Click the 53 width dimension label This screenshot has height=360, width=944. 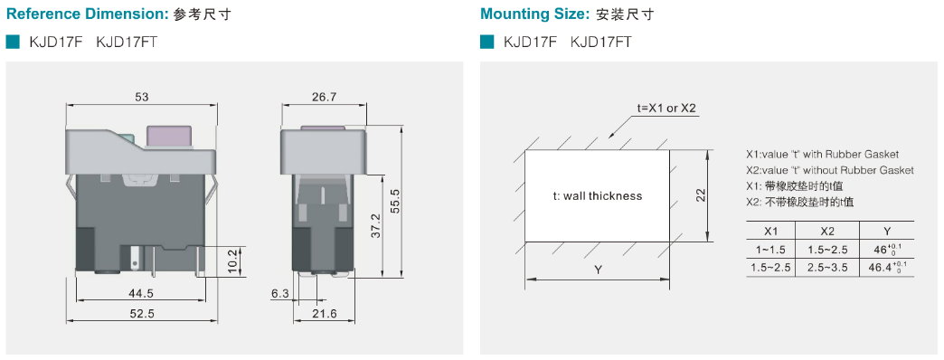[141, 97]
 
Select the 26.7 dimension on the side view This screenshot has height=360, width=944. [324, 97]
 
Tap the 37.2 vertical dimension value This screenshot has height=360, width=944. [375, 226]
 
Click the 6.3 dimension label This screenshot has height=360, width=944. [280, 293]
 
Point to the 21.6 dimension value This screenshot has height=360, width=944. [325, 314]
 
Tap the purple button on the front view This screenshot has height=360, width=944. [170, 137]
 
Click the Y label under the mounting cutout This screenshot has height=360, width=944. [598, 270]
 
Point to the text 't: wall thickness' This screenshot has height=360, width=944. [597, 195]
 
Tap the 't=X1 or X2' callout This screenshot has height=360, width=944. [666, 109]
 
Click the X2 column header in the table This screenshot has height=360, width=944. [827, 232]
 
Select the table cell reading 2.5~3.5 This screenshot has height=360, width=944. [827, 267]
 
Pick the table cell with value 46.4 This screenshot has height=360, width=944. [887, 267]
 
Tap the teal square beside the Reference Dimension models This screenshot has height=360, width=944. [13, 43]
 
